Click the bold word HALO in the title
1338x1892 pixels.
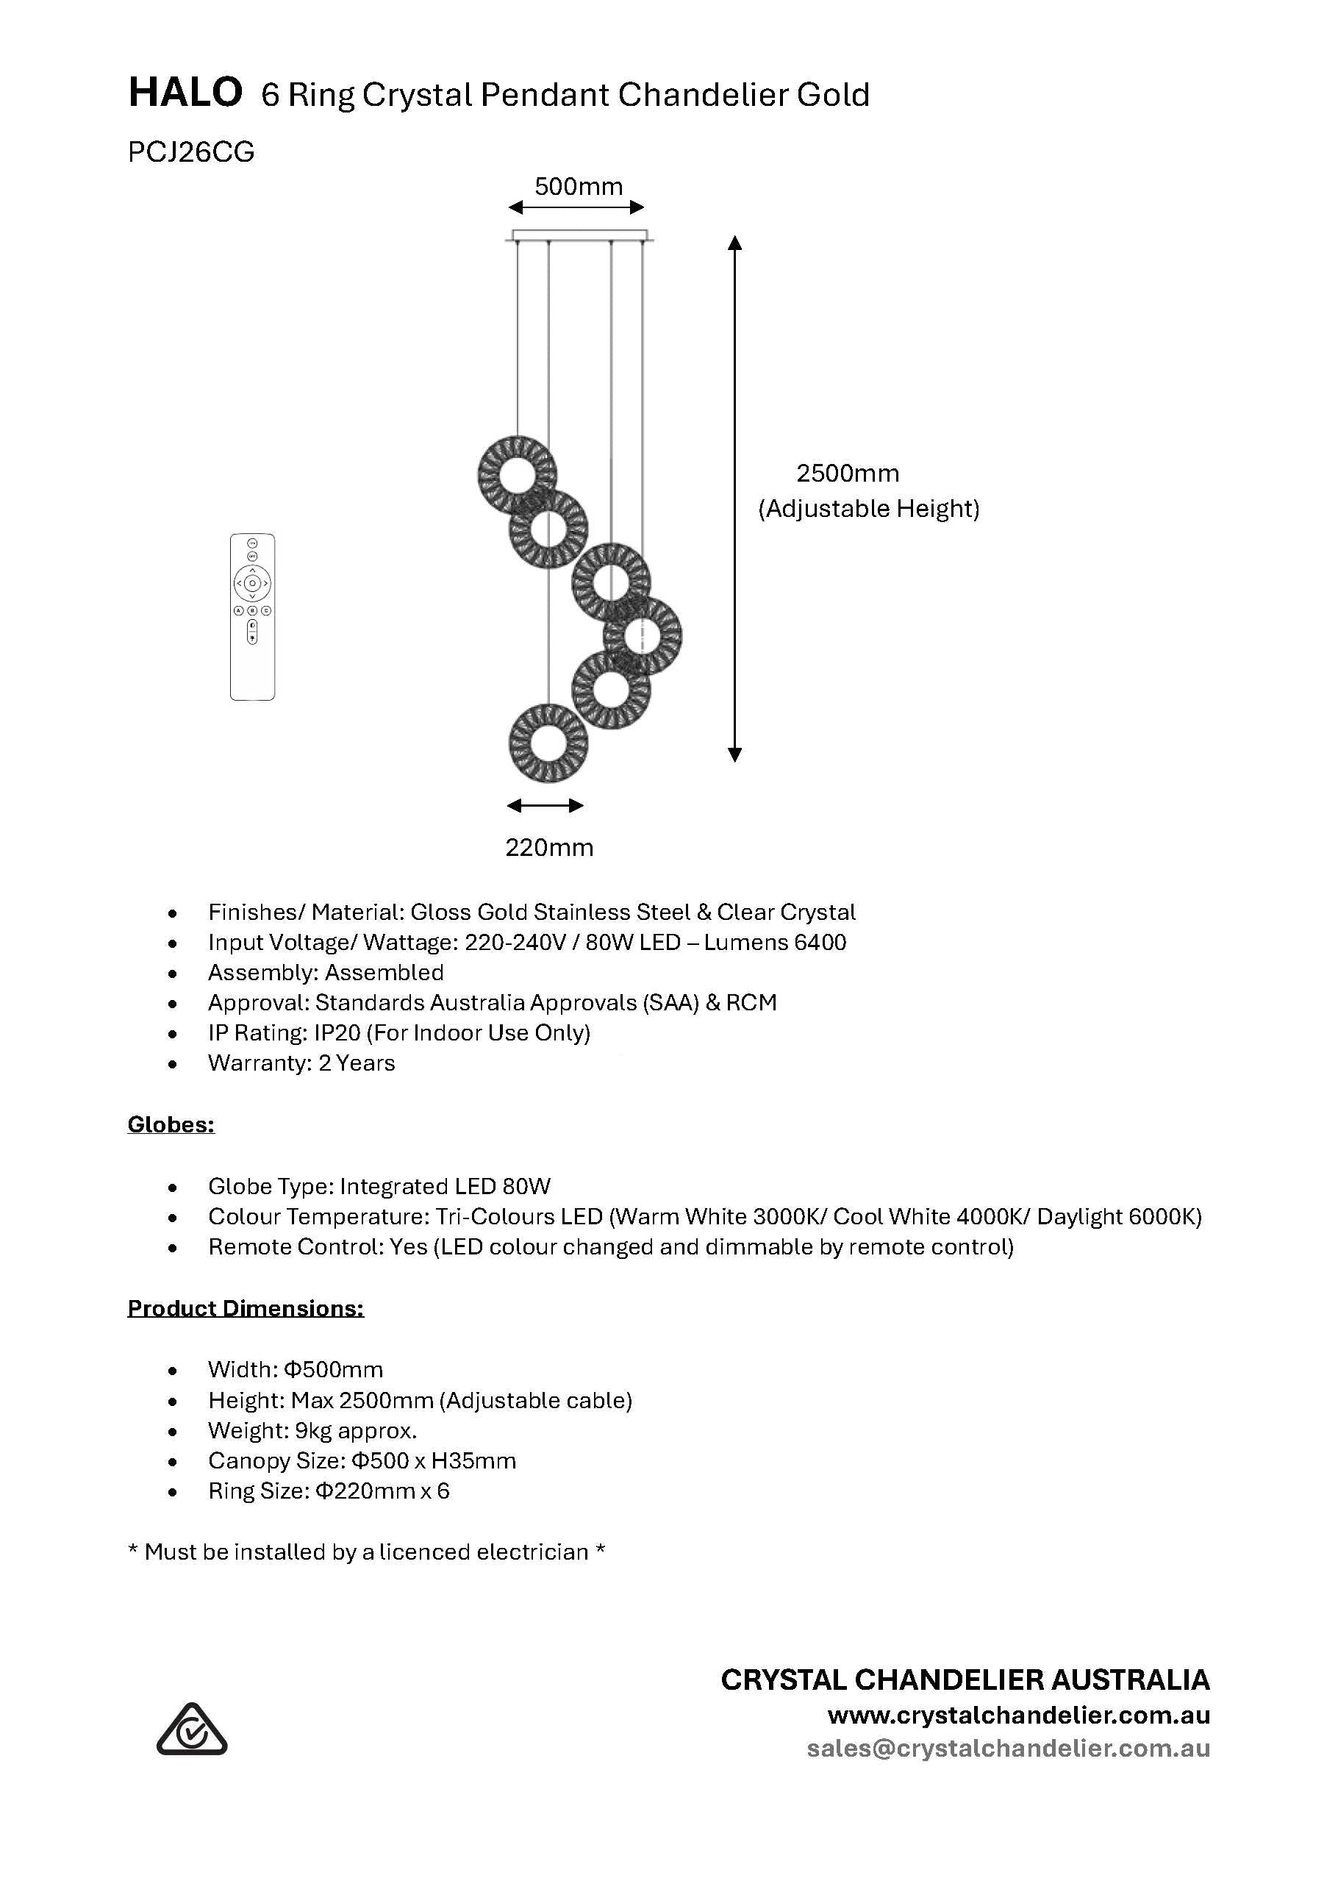coord(185,93)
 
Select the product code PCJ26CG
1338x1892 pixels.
coord(191,152)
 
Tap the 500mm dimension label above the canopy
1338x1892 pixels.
coord(579,186)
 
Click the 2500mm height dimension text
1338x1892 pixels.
coord(847,473)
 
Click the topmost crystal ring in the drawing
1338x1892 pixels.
coord(517,474)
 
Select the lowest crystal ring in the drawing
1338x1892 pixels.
coord(548,743)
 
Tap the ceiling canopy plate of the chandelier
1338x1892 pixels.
coord(579,236)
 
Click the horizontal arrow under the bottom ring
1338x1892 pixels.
coord(545,805)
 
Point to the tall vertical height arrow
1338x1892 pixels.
coord(735,499)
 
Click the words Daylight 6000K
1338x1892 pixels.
coord(1118,1216)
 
